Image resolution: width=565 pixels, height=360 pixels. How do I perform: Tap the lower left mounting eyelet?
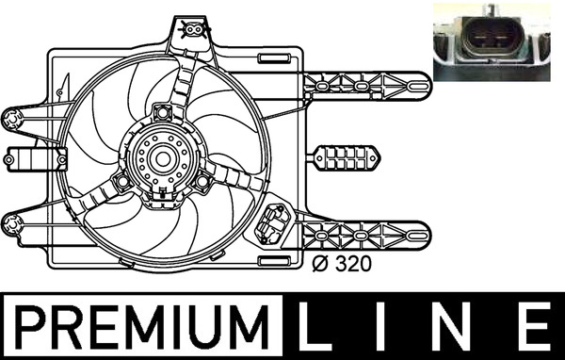click(x=14, y=223)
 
